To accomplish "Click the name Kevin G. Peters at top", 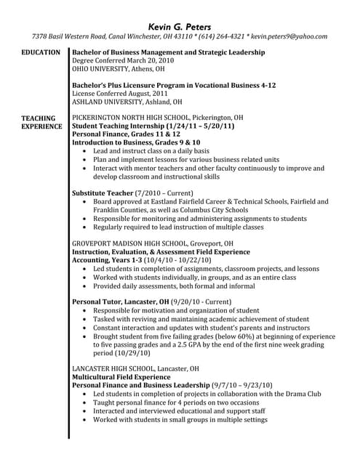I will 180,23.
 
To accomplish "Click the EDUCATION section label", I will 41,53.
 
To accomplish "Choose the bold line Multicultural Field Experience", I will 121,378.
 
